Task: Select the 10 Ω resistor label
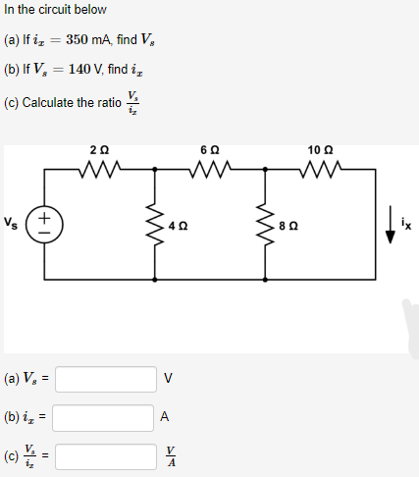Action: pos(320,151)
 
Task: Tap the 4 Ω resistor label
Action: pos(177,225)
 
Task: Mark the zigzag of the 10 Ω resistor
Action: pos(320,169)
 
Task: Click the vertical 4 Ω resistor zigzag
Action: pos(155,223)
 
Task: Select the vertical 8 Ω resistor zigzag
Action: pos(266,223)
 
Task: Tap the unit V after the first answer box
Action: pos(168,378)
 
